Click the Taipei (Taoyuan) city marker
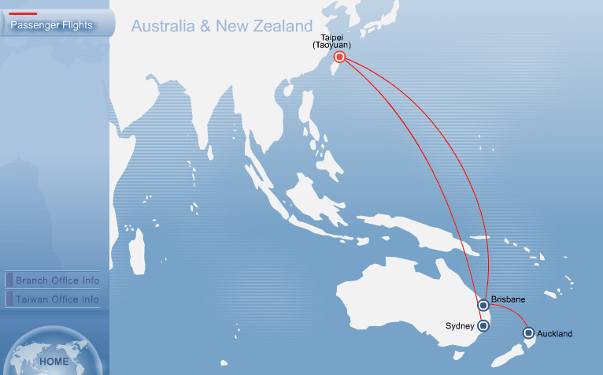click(339, 57)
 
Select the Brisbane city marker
click(483, 305)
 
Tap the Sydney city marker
click(484, 325)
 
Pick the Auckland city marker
click(528, 333)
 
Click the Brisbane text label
click(508, 299)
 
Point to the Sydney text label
click(460, 326)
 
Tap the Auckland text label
click(554, 334)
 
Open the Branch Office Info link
click(57, 280)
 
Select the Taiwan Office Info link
click(57, 299)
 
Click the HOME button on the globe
click(54, 362)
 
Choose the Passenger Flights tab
click(51, 25)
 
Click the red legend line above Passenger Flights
click(23, 13)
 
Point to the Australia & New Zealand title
click(222, 26)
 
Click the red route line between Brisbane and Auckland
click(512, 311)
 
